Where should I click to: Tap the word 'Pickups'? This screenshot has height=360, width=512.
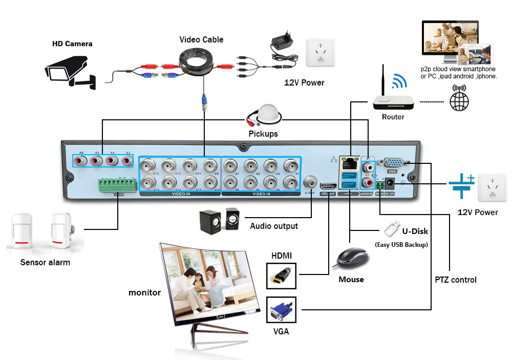point(263,134)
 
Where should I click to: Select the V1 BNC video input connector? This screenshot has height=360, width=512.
point(291,166)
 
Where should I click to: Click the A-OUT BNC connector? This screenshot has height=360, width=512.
point(310,181)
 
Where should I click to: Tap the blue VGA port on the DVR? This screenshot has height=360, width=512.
point(393,163)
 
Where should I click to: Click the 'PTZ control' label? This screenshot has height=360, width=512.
point(456,280)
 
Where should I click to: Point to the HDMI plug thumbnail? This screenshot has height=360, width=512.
point(281,276)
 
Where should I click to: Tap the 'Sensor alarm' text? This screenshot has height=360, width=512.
point(45,262)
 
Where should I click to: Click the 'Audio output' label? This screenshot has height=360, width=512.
point(274,226)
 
